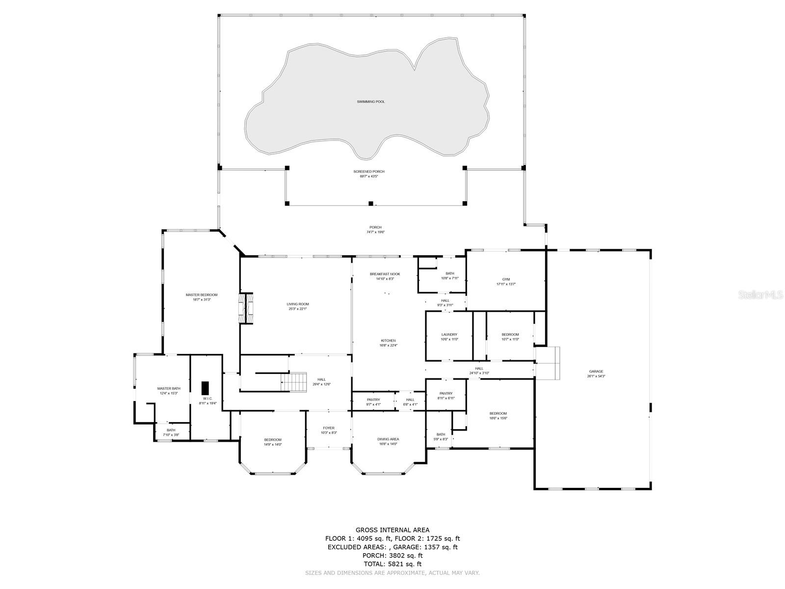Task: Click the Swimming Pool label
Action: (370, 102)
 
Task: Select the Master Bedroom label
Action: (201, 295)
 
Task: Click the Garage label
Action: (596, 372)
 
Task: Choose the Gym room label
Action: (506, 279)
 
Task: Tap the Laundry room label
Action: (449, 335)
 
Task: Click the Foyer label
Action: (328, 428)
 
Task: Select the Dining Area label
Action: (388, 439)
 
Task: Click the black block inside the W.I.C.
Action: (205, 386)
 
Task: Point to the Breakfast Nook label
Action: (385, 274)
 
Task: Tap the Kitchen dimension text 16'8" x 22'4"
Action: (388, 345)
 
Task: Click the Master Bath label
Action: (169, 389)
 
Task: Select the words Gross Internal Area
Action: (392, 530)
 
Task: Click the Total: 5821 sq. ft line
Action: (392, 564)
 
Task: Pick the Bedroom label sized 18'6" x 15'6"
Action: (497, 414)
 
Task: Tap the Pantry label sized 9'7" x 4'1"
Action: (373, 400)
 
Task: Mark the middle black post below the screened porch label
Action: (371, 203)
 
